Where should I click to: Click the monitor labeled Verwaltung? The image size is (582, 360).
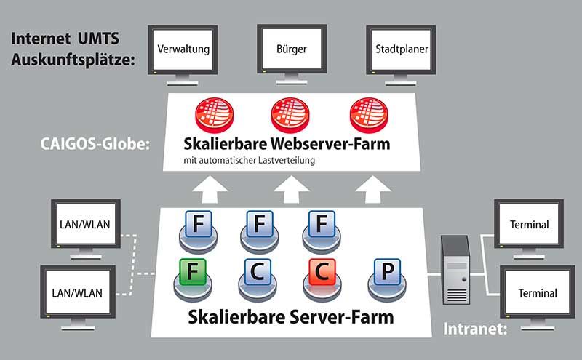[183, 50]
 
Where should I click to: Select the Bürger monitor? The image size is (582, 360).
[292, 50]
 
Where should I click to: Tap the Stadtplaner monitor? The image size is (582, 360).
[402, 50]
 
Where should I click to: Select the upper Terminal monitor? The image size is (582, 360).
[529, 225]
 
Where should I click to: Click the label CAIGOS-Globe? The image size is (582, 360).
[95, 144]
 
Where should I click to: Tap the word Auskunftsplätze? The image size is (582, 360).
[73, 60]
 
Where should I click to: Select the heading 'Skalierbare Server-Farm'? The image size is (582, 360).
[291, 317]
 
